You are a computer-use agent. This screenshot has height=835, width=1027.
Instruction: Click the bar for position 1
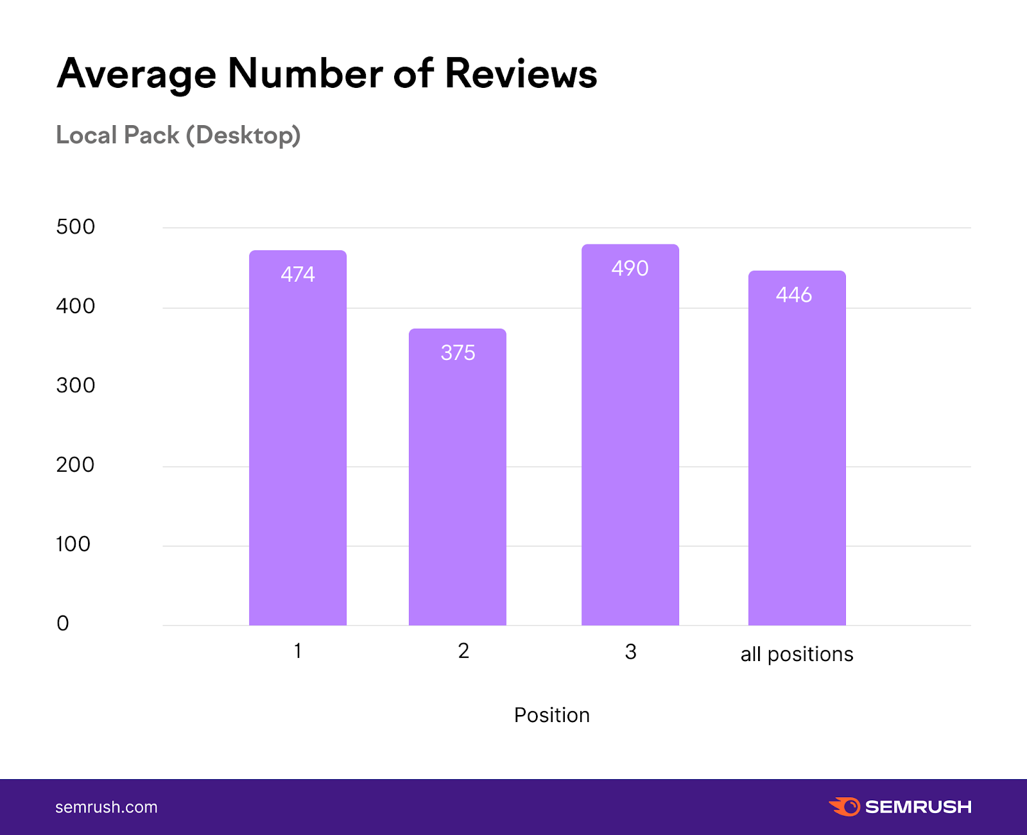298,449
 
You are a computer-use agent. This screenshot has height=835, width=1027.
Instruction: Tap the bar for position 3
630,449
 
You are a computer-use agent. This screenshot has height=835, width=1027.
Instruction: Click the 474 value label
298,275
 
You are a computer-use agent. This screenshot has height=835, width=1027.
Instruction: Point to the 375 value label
458,353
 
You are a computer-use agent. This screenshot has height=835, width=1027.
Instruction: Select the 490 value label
630,268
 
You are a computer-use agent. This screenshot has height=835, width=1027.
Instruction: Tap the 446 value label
794,295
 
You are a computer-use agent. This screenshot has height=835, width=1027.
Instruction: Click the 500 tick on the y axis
75,227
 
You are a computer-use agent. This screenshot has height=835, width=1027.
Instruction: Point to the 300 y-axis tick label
75,386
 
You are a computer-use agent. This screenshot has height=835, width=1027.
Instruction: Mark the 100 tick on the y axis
73,544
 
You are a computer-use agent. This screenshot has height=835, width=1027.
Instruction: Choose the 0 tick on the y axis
63,623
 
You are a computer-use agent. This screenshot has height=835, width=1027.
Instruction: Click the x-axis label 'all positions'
797,654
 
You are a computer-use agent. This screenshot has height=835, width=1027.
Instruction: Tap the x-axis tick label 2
463,651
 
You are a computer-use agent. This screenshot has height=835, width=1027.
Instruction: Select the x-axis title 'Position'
551,715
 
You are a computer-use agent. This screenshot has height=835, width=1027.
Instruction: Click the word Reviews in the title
521,74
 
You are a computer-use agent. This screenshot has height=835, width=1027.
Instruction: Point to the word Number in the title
305,74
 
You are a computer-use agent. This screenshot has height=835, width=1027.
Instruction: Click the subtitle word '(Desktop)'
243,135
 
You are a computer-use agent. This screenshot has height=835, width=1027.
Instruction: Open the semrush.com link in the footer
107,807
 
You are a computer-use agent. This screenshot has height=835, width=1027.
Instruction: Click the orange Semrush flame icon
845,807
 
